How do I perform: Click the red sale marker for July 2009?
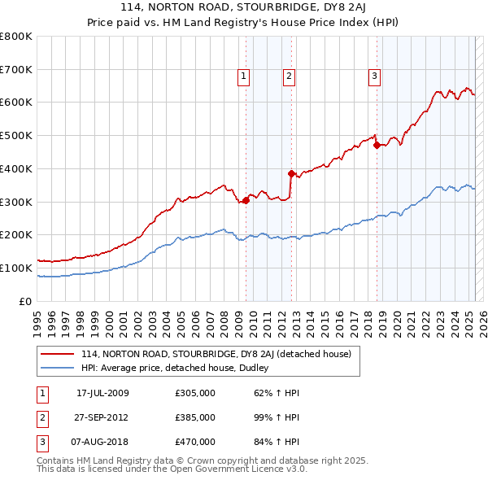pos(246,200)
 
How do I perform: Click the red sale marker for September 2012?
pos(291,173)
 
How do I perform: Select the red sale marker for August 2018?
pos(377,146)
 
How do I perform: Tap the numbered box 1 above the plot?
pos(243,77)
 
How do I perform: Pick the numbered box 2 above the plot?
pos(289,77)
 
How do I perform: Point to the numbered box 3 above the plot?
pos(374,77)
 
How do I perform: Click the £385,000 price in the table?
pos(195,417)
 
